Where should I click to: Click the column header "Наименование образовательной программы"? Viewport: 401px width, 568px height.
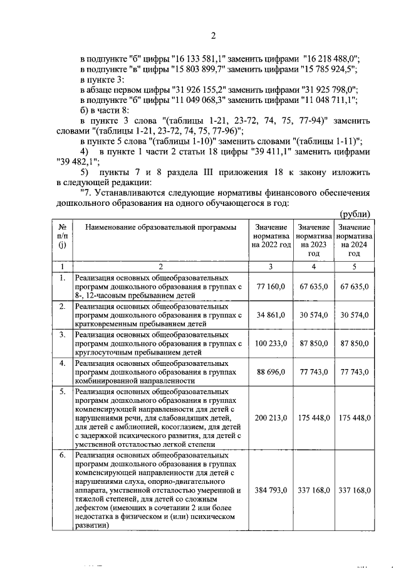click(161, 227)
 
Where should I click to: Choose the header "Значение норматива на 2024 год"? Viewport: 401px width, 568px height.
click(354, 240)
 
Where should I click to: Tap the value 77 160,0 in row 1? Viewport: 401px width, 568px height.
click(271, 286)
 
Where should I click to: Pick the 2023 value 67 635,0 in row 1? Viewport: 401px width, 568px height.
click(313, 286)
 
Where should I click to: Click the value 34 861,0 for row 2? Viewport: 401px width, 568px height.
click(271, 314)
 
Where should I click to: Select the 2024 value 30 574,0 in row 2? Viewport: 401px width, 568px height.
click(354, 314)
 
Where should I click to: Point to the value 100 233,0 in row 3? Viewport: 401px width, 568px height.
click(271, 343)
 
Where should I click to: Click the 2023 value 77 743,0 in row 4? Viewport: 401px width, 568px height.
click(313, 372)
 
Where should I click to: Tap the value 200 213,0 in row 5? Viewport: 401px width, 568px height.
click(271, 417)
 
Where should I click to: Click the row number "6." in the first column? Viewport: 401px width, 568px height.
click(62, 456)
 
